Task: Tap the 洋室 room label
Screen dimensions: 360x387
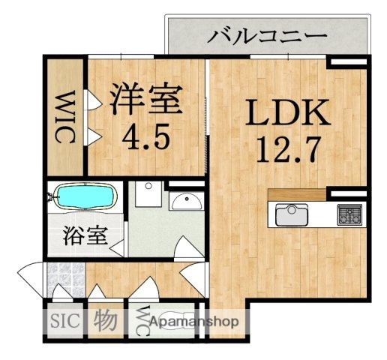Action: point(147,99)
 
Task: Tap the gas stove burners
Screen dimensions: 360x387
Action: point(350,215)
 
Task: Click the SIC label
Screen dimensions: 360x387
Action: point(64,322)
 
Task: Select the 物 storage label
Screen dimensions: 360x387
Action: point(104,322)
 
